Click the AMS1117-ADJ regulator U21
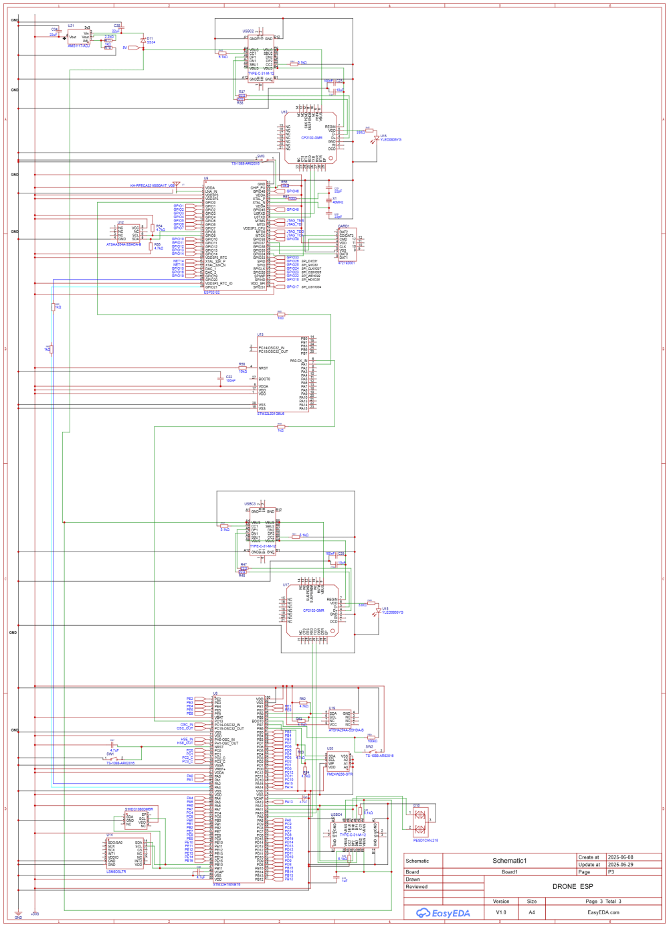click(79, 37)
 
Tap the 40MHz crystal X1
click(328, 199)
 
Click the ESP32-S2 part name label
click(211, 292)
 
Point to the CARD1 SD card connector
click(347, 244)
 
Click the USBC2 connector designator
click(248, 31)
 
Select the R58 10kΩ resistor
click(242, 367)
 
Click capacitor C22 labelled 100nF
click(221, 378)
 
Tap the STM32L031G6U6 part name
click(271, 414)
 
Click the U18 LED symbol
click(378, 611)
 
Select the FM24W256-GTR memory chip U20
click(339, 763)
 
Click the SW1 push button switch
click(112, 759)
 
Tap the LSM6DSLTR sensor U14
click(124, 854)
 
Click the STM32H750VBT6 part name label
click(227, 885)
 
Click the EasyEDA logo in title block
click(443, 913)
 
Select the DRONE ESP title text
click(572, 886)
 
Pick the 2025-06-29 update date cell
click(620, 865)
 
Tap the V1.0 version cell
click(501, 912)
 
